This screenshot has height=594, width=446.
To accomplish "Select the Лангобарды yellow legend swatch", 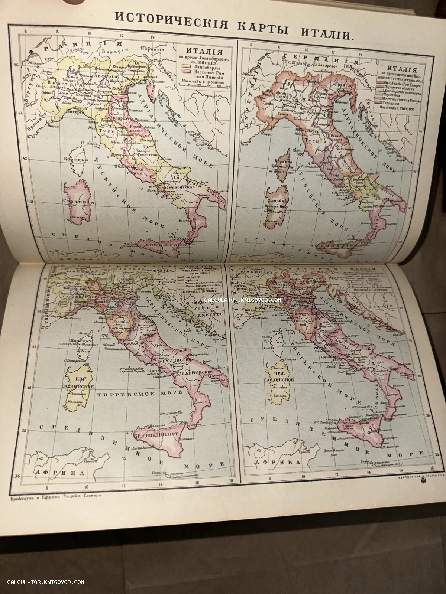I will click(x=185, y=69).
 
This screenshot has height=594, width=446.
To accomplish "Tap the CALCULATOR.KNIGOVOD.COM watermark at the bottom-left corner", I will click(x=46, y=582).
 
